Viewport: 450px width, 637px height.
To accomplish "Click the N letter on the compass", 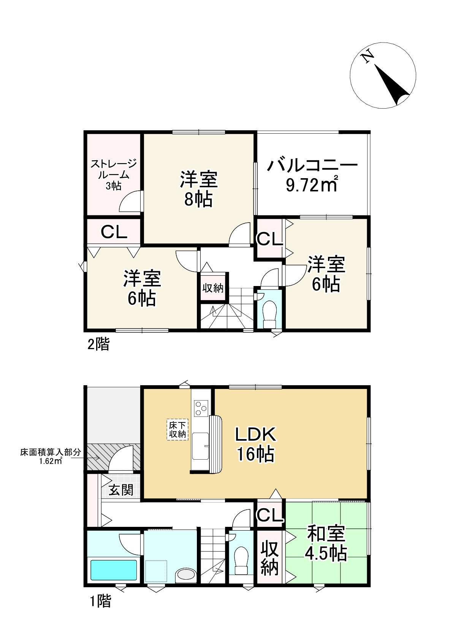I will [367, 57].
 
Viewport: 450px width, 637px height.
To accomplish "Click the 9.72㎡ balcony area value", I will [312, 186].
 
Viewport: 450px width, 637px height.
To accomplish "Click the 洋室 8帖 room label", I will [199, 189].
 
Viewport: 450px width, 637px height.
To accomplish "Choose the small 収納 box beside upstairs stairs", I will [213, 288].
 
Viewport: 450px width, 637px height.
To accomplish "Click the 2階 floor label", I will [98, 345].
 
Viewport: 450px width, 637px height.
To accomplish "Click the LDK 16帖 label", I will [255, 444].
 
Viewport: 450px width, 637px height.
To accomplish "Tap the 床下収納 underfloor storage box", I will [177, 430].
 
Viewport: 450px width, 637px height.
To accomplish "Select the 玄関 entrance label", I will [121, 490].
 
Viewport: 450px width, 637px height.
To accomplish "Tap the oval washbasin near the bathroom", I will [185, 574].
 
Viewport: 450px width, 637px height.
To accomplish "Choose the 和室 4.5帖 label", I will [326, 544].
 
